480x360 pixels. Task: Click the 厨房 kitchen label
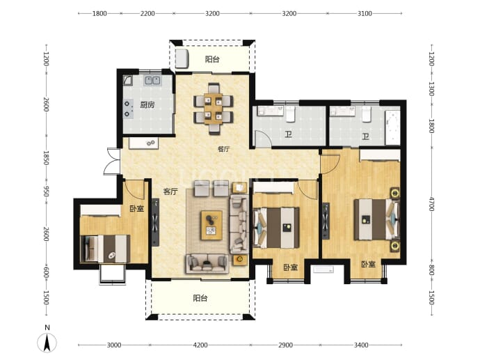pos(147,104)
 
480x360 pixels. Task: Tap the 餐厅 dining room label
pos(223,149)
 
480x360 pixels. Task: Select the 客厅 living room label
pos(170,191)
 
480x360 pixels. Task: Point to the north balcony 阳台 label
pos(212,59)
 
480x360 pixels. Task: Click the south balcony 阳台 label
pos(200,298)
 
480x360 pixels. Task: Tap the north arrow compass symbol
pos(47,342)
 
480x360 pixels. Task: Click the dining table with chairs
pos(214,109)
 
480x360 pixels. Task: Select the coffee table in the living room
pos(211,225)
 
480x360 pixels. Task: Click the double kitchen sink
pos(152,80)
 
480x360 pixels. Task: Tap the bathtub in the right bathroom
pos(393,127)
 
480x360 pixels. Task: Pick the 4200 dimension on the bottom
pos(200,345)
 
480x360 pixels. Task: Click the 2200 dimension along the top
pos(147,13)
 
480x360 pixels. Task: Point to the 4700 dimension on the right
pos(431,204)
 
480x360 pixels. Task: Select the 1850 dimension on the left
pos(46,157)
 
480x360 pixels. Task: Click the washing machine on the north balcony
pos(182,58)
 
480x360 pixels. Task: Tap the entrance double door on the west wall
pos(112,162)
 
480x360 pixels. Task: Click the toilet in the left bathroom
pos(290,114)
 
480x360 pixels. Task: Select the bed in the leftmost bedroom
pos(105,249)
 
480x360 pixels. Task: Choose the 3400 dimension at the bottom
pos(361,345)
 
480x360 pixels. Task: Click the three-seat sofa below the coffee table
pos(207,263)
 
